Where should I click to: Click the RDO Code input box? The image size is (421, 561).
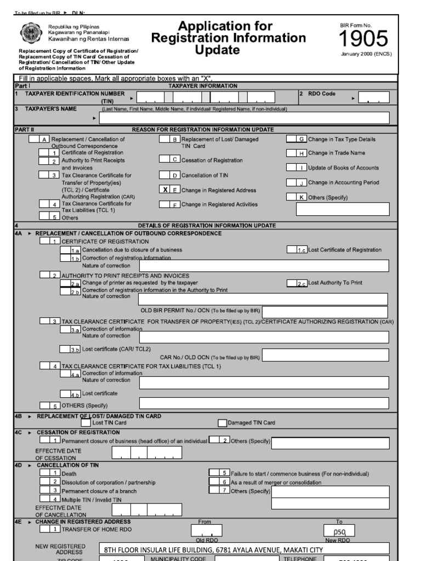tap(373, 98)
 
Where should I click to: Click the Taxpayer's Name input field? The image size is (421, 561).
tap(244, 118)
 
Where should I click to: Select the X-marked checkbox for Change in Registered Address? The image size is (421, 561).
tap(169, 190)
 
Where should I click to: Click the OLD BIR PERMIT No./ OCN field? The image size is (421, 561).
tap(325, 311)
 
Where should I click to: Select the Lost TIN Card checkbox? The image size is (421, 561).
tap(86, 422)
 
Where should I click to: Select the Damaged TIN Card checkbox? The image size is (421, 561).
tap(222, 422)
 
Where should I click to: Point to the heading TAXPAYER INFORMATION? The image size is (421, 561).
tap(203, 86)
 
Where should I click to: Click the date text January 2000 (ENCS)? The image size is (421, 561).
tap(366, 54)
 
